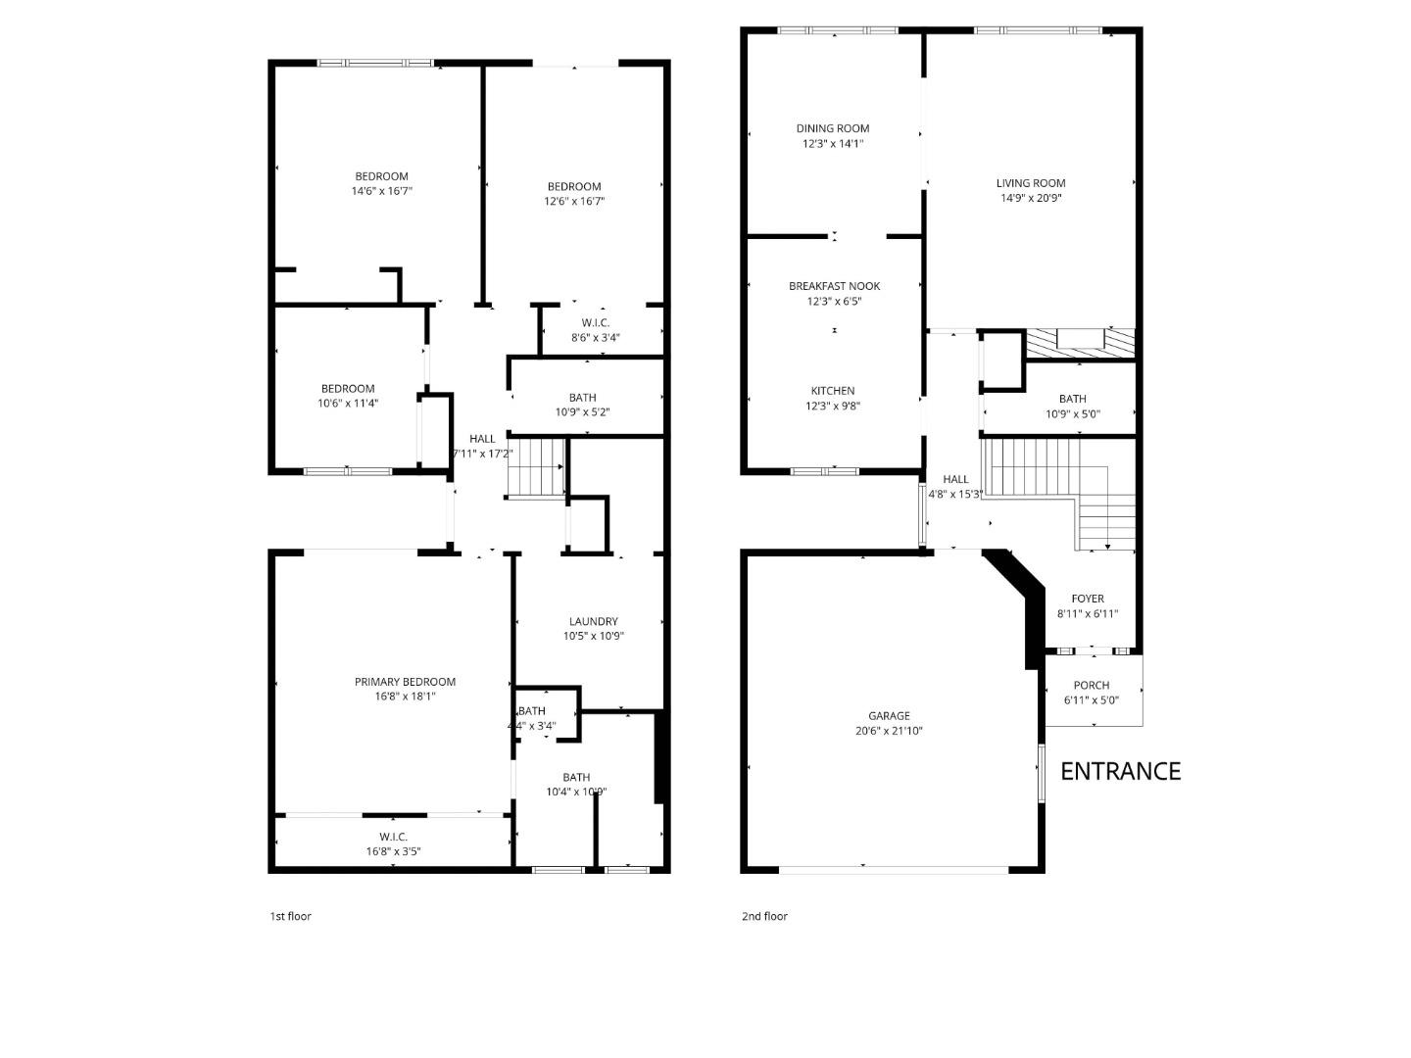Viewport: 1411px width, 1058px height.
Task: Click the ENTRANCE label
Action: pos(1120,771)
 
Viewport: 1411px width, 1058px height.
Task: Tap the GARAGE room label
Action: pos(889,716)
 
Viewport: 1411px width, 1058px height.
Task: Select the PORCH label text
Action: pos(1091,686)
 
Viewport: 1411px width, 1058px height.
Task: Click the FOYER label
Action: pos(1087,599)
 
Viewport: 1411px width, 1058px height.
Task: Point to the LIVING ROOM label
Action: pos(1030,183)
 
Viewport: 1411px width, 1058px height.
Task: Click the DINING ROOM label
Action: pos(832,128)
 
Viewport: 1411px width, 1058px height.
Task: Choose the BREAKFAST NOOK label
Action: pos(834,286)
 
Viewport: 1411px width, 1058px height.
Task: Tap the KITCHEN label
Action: pos(832,391)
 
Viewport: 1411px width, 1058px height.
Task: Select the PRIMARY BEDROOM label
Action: pos(405,682)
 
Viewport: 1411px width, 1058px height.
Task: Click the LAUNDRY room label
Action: pos(593,621)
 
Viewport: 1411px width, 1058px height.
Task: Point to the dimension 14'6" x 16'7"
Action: pos(381,191)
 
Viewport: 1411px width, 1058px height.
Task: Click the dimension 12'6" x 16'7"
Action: pos(574,202)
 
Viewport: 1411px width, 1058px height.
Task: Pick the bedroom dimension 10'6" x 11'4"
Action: pos(348,403)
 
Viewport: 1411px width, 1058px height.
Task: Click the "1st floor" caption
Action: pos(290,917)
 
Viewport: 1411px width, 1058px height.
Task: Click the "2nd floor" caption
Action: pos(763,917)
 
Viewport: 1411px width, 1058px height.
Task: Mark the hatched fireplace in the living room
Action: pos(1080,343)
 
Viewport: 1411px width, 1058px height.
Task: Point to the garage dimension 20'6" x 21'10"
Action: pos(889,731)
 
